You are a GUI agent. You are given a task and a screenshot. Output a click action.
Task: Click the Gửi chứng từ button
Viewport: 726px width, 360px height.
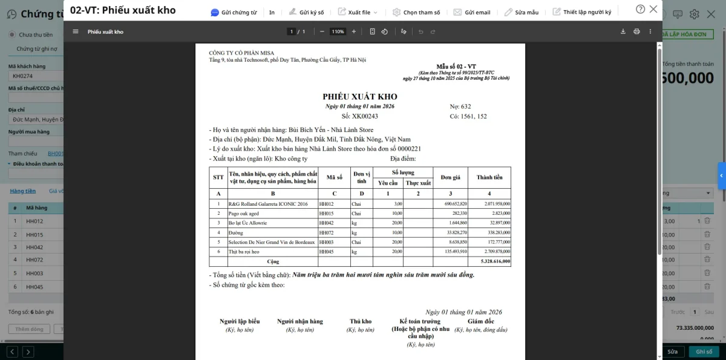234,12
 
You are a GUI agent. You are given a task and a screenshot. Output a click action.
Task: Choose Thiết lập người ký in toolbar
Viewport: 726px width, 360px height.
581,12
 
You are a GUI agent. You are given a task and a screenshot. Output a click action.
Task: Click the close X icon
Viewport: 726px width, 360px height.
653,9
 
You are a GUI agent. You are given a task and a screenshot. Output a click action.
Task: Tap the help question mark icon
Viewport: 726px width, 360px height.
640,9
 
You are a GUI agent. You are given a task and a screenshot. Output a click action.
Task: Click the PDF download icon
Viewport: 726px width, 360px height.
623,31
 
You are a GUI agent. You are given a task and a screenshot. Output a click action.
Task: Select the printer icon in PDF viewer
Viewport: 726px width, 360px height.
636,31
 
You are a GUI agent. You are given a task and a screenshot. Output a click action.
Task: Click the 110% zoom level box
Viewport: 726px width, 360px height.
338,31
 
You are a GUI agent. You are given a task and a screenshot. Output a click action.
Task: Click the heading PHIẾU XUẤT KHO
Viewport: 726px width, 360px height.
360,97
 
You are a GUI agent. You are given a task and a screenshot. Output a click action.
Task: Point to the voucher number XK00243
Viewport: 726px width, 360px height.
365,116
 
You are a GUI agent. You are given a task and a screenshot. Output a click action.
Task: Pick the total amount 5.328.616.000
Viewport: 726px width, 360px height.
495,262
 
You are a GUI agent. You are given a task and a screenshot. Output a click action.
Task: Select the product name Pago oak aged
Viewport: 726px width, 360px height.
243,214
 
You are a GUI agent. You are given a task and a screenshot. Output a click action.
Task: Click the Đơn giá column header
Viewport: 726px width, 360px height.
450,177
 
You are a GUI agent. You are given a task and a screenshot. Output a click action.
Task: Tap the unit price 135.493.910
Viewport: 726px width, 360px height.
454,252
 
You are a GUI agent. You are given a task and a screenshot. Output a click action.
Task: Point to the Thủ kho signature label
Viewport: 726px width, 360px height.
361,321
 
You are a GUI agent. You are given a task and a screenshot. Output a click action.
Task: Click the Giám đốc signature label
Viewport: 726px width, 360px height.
481,321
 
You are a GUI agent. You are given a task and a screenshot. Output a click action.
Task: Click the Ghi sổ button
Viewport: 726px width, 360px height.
704,352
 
